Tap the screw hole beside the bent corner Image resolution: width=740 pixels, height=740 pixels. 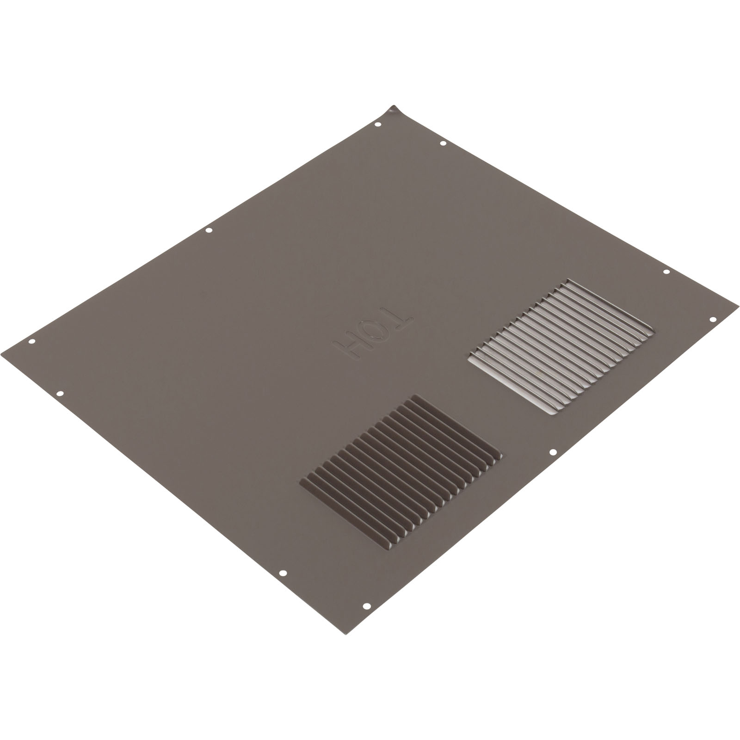tap(377, 125)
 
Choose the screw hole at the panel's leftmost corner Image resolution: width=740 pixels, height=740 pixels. tap(32, 342)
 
